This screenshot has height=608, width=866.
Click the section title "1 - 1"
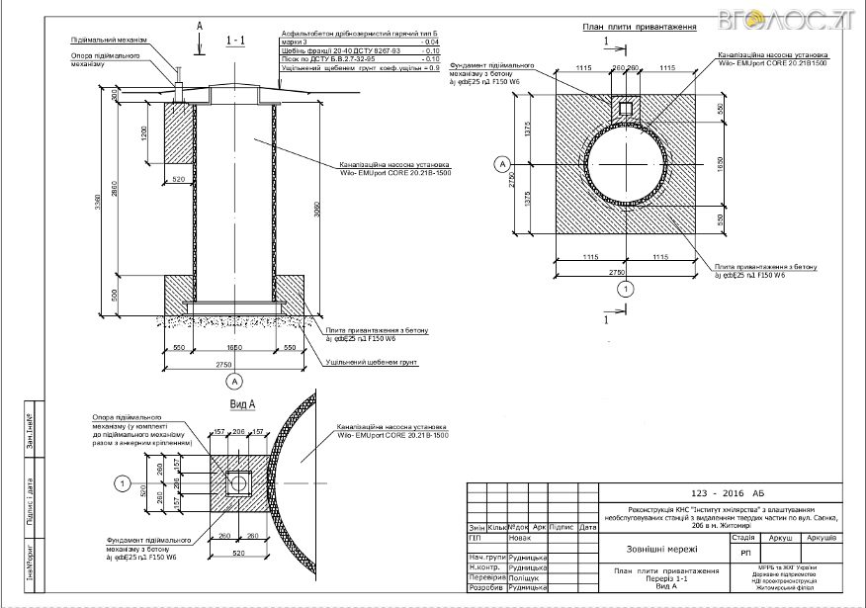236,41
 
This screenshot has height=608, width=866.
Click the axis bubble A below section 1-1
234,380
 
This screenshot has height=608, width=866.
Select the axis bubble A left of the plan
501,163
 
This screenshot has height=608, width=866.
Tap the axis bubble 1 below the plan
624,289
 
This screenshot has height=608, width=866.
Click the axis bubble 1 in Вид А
122,482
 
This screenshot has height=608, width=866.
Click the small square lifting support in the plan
625,108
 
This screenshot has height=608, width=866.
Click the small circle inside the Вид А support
237,481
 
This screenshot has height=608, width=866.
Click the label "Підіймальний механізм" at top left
109,41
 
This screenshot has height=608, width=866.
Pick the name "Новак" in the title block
520,539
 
